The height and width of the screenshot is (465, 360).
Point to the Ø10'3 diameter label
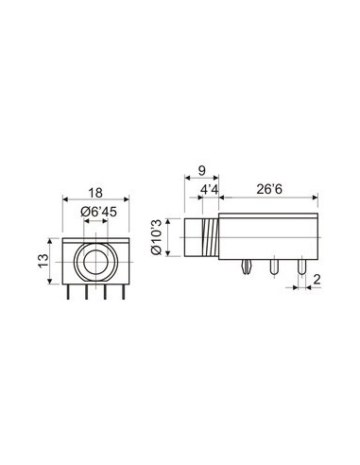(x=157, y=240)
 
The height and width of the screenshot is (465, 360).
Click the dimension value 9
(x=200, y=171)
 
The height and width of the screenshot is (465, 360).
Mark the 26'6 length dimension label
(x=270, y=190)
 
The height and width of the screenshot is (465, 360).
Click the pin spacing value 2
(x=316, y=279)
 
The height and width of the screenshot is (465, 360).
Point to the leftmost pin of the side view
(x=247, y=270)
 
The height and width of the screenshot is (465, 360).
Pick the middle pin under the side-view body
(x=275, y=271)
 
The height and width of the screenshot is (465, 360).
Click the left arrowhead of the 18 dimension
(x=64, y=199)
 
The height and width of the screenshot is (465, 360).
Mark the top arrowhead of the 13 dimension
(x=52, y=237)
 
